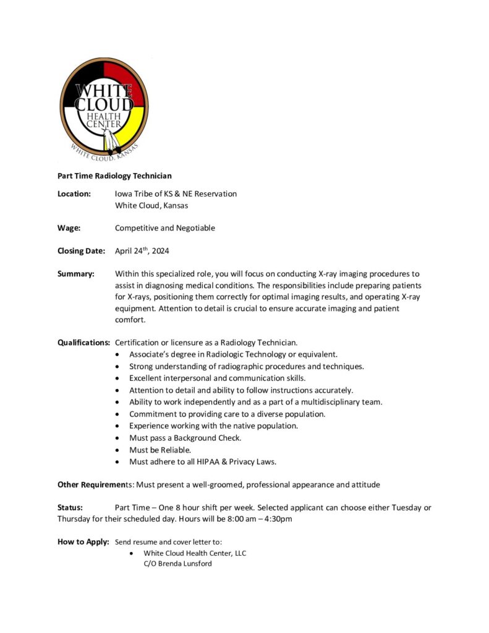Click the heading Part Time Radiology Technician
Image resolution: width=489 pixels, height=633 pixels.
pos(114,176)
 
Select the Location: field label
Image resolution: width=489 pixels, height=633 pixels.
pos(74,193)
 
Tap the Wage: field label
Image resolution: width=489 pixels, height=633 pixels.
pos(69,228)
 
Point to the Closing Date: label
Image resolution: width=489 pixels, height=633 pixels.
pos(82,251)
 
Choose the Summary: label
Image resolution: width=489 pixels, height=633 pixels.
pos(76,274)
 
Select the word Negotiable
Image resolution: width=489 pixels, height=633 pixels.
pos(195,228)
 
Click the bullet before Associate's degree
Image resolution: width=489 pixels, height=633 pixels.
pos(118,355)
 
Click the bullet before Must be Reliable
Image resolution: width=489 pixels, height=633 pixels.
pos(118,450)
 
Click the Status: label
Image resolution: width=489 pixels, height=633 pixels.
pos(70,508)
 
